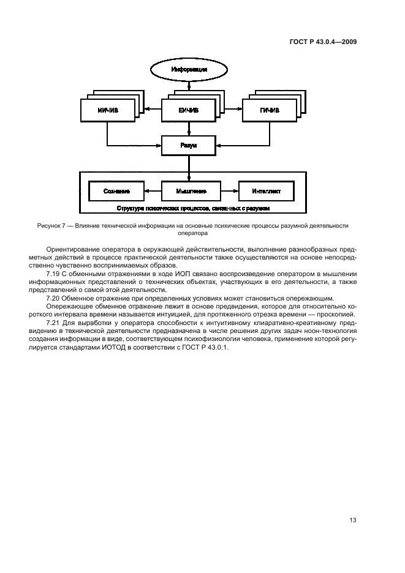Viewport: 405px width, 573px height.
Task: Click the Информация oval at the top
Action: (x=189, y=69)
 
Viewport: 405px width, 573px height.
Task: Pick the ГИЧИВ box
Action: (x=270, y=111)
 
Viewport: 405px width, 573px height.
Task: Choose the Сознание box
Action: (x=116, y=191)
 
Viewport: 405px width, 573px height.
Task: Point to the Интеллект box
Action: (x=266, y=191)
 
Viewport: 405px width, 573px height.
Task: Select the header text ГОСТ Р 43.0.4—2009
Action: (x=323, y=42)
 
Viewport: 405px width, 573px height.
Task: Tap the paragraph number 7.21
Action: (x=54, y=322)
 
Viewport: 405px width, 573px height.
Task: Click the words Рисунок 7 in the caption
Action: (x=53, y=226)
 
